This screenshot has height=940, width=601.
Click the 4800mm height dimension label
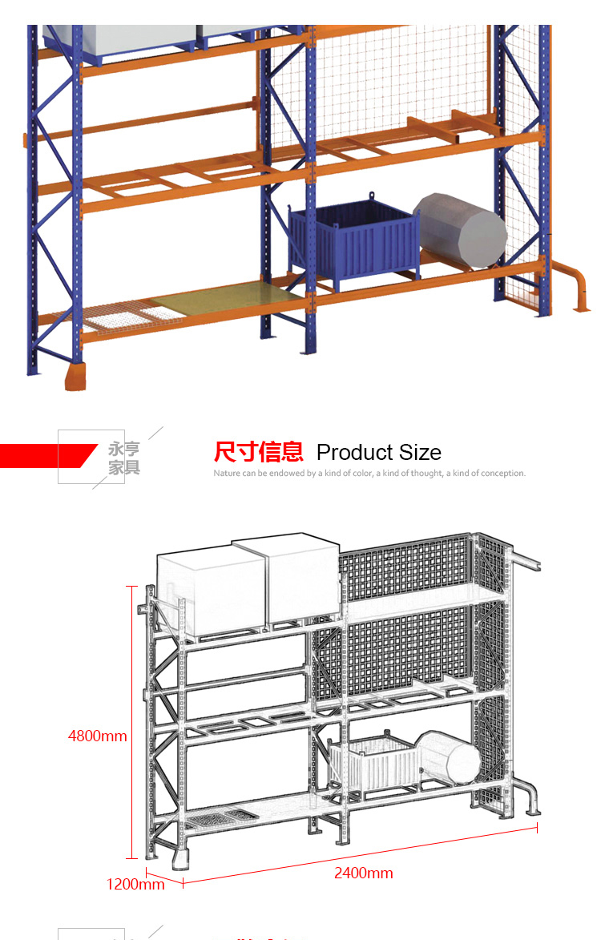97,736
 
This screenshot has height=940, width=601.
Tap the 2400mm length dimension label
363,873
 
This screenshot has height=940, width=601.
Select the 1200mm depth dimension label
135,884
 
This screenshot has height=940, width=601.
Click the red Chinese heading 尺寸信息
258,452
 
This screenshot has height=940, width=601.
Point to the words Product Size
379,452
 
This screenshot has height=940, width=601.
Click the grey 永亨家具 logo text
124,458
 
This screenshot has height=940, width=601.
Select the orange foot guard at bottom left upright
77,376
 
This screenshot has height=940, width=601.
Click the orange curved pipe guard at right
574,284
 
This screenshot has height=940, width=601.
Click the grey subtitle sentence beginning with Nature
369,474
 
